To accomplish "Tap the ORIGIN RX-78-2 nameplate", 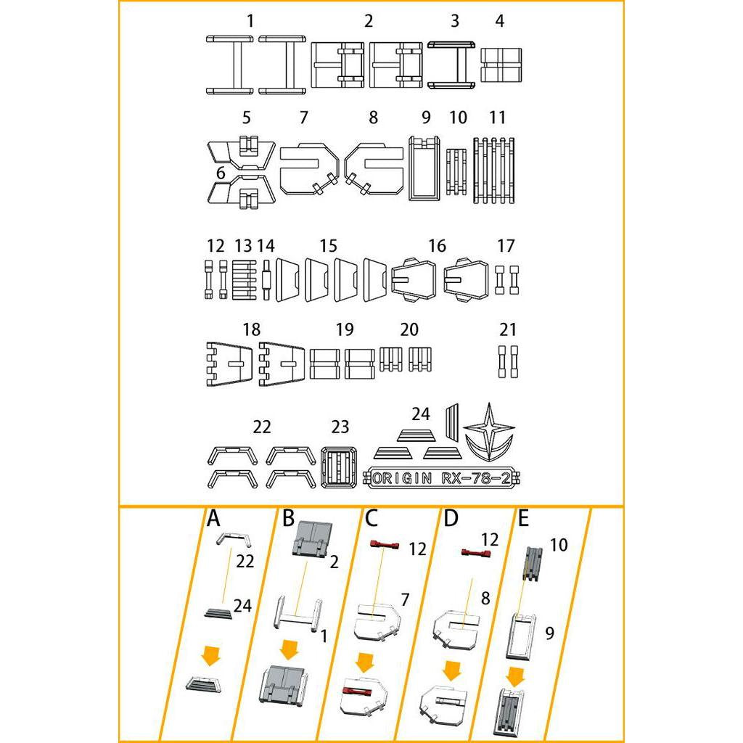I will point(450,478).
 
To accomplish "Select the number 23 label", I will point(340,427).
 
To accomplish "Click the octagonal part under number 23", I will point(338,466).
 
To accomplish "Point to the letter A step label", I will point(213,519).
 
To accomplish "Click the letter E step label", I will point(524,519).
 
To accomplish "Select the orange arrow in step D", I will point(452,669).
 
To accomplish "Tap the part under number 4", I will point(501,65).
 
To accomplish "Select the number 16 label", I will point(437,246).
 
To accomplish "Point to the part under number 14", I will point(267,279).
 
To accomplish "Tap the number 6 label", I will point(220,174).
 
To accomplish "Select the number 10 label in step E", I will point(559,545).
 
